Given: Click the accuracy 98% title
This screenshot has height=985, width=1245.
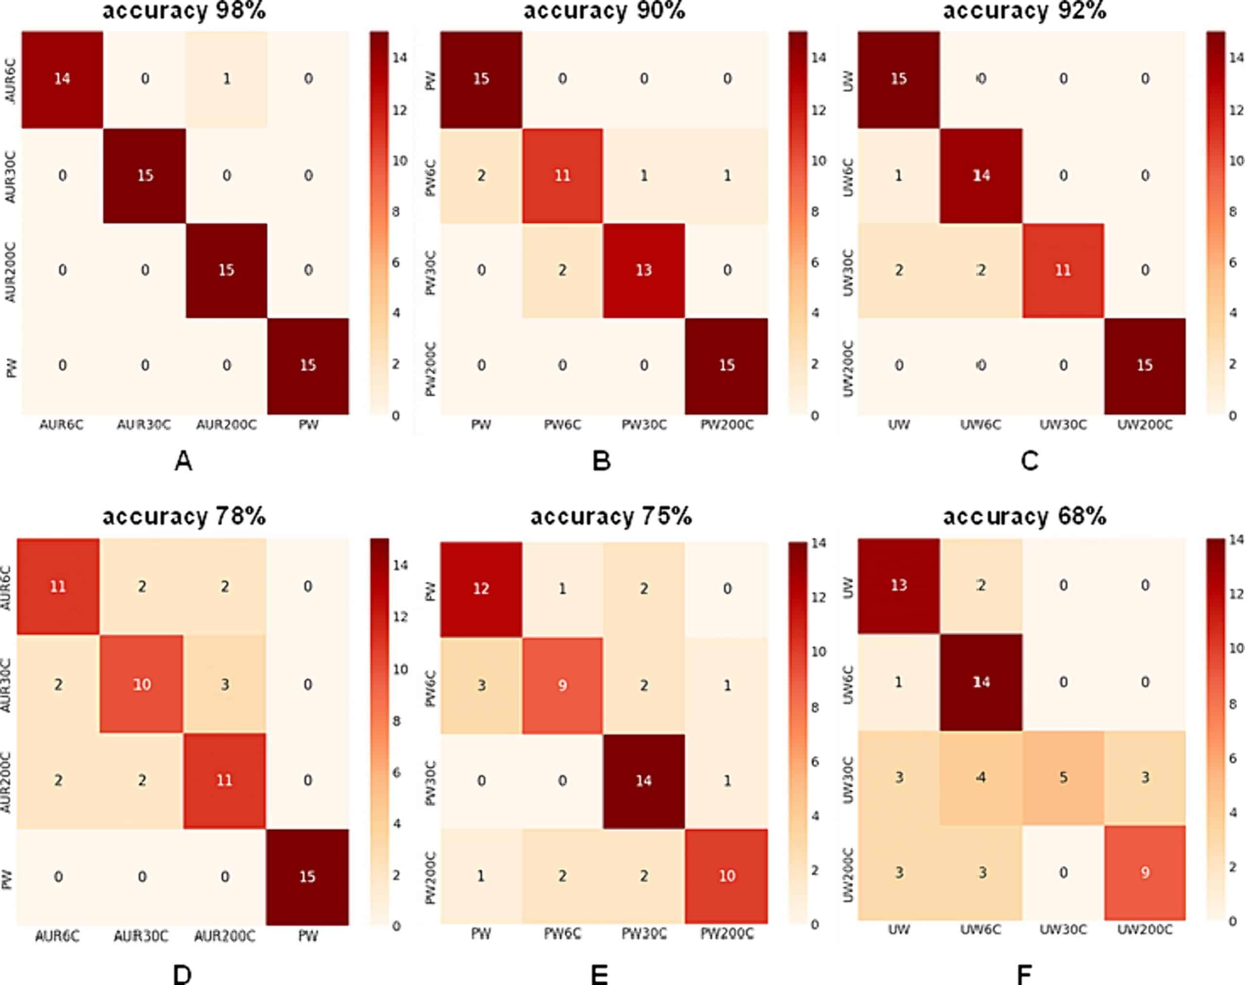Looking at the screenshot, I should click(x=184, y=10).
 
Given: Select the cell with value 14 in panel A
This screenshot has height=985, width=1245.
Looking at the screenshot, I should click(x=62, y=78).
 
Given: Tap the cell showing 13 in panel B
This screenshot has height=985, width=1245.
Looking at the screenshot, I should click(x=643, y=270).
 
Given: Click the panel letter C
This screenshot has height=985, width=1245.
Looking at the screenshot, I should click(x=1030, y=461).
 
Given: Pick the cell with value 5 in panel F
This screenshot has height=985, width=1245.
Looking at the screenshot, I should click(x=1063, y=777).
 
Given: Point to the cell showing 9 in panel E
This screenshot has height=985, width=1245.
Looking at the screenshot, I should click(x=562, y=685).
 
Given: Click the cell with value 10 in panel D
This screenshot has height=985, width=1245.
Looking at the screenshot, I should click(x=142, y=684).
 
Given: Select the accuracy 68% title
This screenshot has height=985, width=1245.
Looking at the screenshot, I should click(x=1024, y=516).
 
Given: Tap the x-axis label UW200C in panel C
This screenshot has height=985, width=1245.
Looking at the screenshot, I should click(x=1145, y=425).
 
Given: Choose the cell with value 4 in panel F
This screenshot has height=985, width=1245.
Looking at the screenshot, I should click(x=981, y=777).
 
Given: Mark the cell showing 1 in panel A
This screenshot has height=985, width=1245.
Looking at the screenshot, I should click(x=227, y=78).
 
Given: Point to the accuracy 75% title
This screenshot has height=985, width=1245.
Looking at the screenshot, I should click(x=611, y=516).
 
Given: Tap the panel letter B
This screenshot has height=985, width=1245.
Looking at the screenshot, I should click(x=602, y=461).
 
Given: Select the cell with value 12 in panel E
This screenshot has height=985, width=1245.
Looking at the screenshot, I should click(x=481, y=589).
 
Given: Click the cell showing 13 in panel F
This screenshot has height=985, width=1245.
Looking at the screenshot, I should click(x=898, y=585).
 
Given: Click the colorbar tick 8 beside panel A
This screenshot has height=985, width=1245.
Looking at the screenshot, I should click(x=395, y=212).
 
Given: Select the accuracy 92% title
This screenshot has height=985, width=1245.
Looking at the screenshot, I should click(x=1024, y=10).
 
